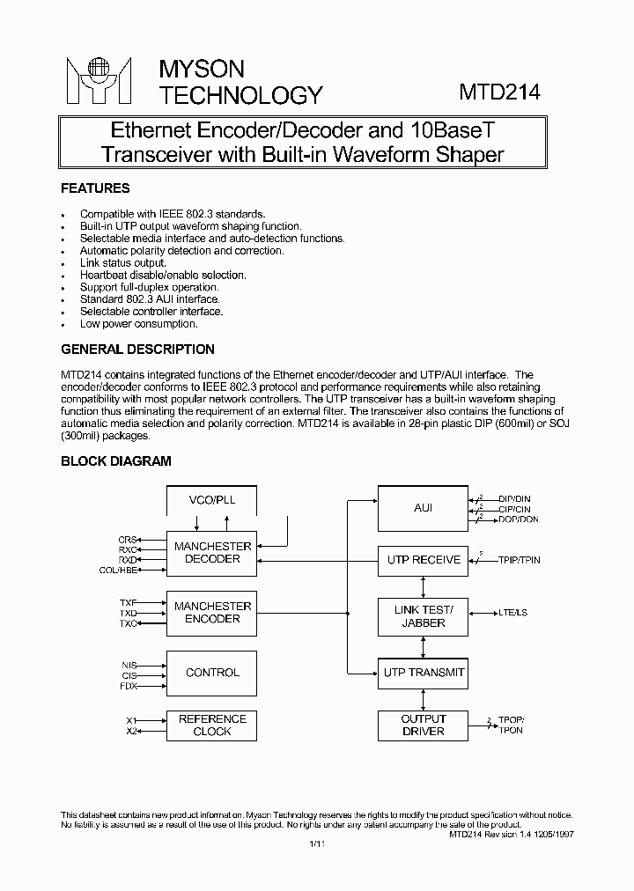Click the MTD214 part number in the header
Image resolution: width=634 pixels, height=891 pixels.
pos(499,92)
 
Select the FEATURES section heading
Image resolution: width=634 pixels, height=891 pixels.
pos(95,188)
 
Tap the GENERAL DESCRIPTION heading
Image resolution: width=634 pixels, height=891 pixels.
pos(137,350)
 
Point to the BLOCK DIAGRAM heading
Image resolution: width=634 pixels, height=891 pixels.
pos(115,460)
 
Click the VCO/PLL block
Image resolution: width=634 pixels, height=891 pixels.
pos(212,500)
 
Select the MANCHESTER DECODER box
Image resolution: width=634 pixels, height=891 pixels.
pos(212,553)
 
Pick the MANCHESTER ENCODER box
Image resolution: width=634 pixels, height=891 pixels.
pos(212,613)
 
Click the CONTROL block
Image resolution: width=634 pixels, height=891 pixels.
pos(212,673)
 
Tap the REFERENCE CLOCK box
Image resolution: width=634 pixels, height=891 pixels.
pos(212,725)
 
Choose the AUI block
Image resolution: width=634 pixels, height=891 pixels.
pos(423,508)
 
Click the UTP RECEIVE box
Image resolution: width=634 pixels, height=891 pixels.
pos(424,559)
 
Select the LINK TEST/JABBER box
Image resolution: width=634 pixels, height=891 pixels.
pos(424,616)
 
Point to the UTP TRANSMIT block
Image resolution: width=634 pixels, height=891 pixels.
pos(424,673)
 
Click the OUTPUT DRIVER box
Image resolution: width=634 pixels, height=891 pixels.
pos(424,725)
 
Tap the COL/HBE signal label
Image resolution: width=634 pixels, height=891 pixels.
pos(118,571)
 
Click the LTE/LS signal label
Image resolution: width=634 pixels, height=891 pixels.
pos(513,612)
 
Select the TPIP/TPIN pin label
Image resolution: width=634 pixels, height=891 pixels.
pos(520,560)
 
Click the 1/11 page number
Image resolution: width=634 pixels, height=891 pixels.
pos(317,844)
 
